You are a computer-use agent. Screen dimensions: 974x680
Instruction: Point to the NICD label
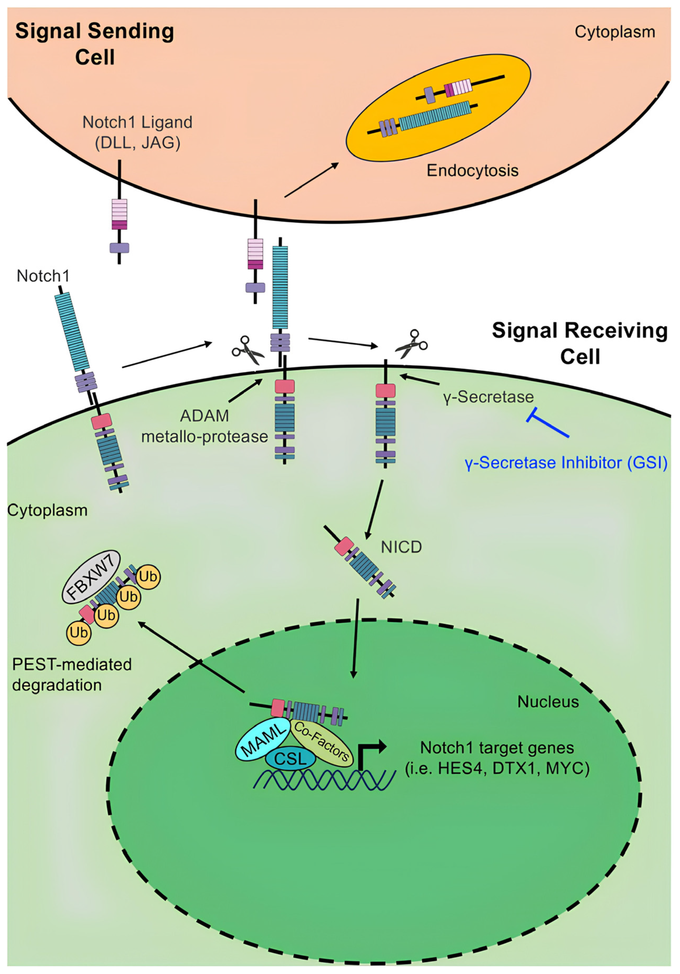tap(401, 547)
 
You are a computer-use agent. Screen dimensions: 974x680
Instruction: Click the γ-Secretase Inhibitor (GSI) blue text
tap(566, 463)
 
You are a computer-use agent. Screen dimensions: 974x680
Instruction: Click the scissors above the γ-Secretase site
tap(411, 344)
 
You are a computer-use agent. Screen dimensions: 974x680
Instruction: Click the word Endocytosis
tap(472, 171)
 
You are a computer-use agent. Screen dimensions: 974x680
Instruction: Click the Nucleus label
tap(548, 702)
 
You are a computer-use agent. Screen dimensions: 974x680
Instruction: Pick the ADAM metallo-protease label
tap(204, 426)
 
